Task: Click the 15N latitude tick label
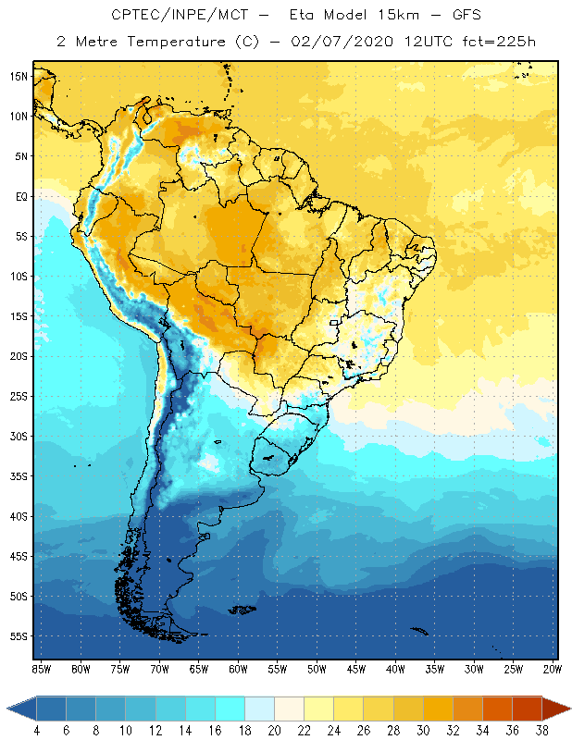tap(18, 76)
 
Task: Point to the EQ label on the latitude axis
tap(19, 196)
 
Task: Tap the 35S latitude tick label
tap(18, 476)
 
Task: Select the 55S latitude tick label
tap(18, 636)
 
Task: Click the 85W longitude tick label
tap(41, 669)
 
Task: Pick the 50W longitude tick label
tap(317, 669)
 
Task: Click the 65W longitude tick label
tap(198, 669)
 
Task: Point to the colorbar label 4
tap(37, 731)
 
